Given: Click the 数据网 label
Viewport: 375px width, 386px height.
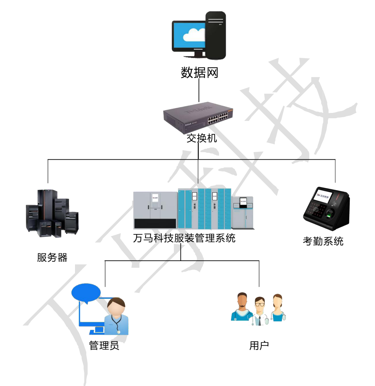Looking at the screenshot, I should click(199, 72).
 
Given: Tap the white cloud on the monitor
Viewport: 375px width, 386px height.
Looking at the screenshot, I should click(194, 35).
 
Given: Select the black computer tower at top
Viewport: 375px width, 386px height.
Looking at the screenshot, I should click(216, 35).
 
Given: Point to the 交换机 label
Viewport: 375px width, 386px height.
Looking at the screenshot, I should click(201, 138).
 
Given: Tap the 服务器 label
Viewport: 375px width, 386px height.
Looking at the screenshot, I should click(52, 257).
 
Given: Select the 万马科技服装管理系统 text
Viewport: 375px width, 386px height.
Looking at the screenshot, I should click(184, 238).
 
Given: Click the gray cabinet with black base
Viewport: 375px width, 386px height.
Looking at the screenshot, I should click(155, 210).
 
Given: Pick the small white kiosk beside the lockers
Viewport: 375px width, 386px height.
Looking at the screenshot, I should click(243, 212).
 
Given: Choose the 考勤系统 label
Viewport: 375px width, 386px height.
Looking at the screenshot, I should click(323, 241).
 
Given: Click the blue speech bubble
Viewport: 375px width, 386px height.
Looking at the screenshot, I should click(86, 292).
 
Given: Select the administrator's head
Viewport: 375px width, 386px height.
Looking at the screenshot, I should click(116, 307).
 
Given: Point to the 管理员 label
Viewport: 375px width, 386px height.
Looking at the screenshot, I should click(104, 345).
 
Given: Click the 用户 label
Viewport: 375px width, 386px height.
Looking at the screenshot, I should click(259, 345).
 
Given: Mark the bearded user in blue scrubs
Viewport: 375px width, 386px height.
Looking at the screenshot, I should click(242, 307).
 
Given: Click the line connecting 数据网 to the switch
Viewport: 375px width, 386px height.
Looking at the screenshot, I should click(199, 90).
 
